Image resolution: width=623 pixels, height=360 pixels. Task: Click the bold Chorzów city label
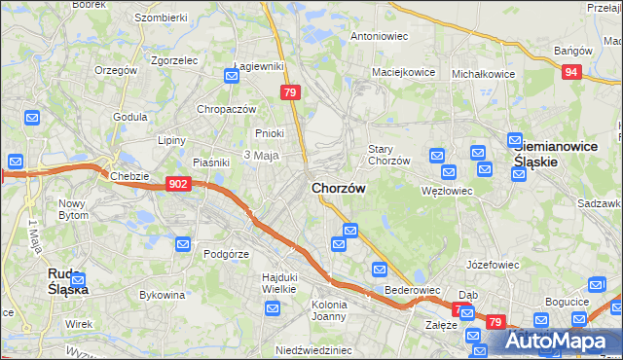pos(338,188)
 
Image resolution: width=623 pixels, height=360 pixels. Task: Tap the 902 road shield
pos(177,183)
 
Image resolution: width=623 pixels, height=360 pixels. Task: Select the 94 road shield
pos(572,71)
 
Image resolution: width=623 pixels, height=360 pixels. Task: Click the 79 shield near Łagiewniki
pos(289,92)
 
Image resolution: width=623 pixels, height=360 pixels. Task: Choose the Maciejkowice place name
pos(402,72)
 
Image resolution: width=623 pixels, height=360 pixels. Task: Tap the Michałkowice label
pos(484,73)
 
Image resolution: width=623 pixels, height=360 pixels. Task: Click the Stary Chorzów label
pos(388,155)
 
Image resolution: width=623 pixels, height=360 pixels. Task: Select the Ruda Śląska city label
pos(68,281)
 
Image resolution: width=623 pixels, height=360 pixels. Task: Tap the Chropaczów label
pos(226,109)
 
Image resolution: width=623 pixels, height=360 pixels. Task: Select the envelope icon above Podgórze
pos(181,244)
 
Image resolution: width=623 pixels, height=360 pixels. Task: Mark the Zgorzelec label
pos(175,59)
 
